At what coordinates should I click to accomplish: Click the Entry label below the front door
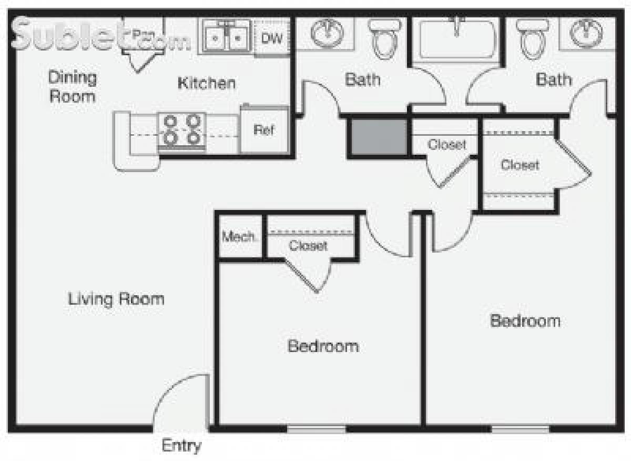[181, 446]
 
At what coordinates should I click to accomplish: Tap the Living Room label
[116, 299]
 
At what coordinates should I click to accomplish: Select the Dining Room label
[73, 87]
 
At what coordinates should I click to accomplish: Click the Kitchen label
[207, 83]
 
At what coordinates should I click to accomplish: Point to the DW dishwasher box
[272, 37]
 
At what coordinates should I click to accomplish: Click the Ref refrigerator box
[264, 130]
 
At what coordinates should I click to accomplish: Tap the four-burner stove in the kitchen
[182, 130]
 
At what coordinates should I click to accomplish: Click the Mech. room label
[240, 237]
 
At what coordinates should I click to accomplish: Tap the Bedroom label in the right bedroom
[525, 320]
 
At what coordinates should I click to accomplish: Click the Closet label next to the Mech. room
[308, 245]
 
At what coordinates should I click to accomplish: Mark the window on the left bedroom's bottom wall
[316, 429]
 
